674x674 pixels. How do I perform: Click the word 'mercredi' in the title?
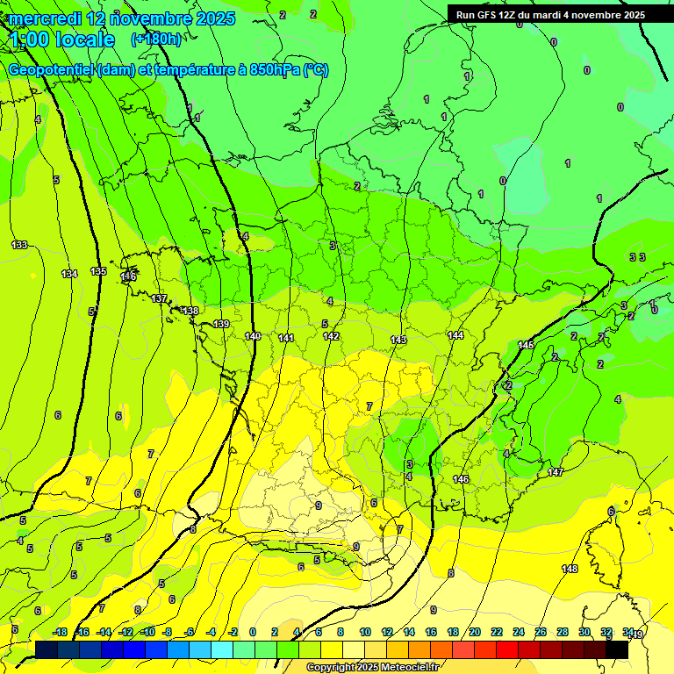[44, 18]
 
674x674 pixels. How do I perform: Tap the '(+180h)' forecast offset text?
[156, 39]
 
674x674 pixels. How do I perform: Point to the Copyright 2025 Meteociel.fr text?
[371, 668]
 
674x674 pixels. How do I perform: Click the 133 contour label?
[19, 245]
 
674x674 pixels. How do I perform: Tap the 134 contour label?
[69, 274]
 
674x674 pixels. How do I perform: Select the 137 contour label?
[159, 299]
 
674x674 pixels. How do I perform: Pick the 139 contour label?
[221, 324]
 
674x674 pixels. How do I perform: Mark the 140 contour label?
[253, 336]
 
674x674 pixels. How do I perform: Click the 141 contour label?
[286, 338]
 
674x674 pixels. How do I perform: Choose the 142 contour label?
[331, 336]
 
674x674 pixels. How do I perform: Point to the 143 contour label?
[398, 339]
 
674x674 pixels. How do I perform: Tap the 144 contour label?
[455, 335]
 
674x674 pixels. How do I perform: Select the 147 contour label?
[556, 472]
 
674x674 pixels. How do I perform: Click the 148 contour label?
[570, 569]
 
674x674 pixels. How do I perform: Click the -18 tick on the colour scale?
[60, 632]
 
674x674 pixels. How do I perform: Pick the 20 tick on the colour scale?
[475, 632]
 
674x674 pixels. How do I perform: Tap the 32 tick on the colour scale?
[606, 632]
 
